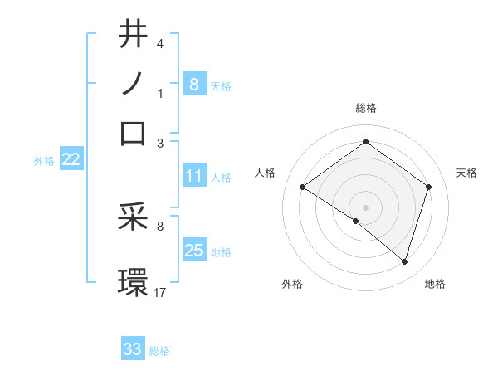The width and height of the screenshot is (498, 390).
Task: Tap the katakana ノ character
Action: (133, 83)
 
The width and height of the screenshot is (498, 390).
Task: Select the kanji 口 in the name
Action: (133, 133)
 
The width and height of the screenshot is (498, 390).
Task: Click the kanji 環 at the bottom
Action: (133, 281)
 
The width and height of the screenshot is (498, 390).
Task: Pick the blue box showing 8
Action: (193, 84)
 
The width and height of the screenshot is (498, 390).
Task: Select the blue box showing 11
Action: (193, 176)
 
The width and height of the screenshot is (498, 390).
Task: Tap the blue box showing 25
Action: (193, 251)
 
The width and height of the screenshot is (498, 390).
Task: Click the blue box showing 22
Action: (71, 160)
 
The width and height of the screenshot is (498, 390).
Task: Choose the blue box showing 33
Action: (133, 349)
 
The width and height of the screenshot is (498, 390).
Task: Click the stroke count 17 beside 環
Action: (160, 292)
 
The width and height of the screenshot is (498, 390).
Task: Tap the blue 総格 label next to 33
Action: (159, 351)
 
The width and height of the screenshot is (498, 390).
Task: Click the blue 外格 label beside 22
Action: (43, 161)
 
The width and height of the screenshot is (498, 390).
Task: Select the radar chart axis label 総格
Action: (365, 108)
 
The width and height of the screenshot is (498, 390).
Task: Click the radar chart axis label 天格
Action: (466, 173)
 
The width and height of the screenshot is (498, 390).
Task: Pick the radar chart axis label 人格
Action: (266, 173)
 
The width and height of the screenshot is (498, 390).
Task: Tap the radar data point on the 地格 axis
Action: (405, 262)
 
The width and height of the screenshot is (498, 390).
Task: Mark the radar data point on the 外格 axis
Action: (356, 222)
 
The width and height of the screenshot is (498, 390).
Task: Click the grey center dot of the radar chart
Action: (365, 207)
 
